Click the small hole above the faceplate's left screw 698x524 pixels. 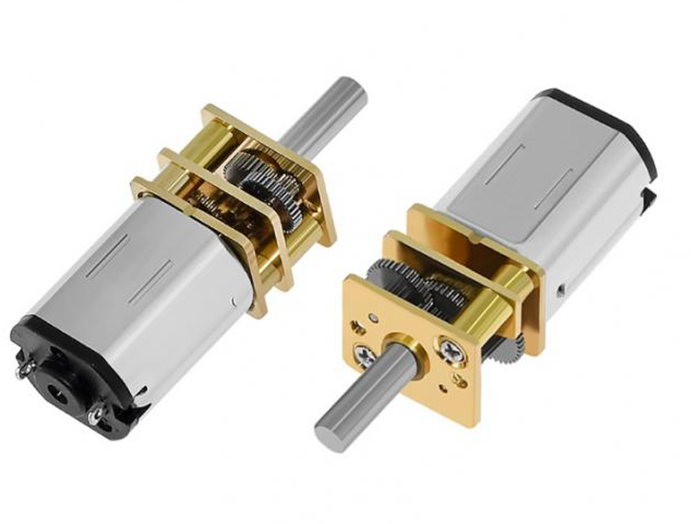coord(373,321)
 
